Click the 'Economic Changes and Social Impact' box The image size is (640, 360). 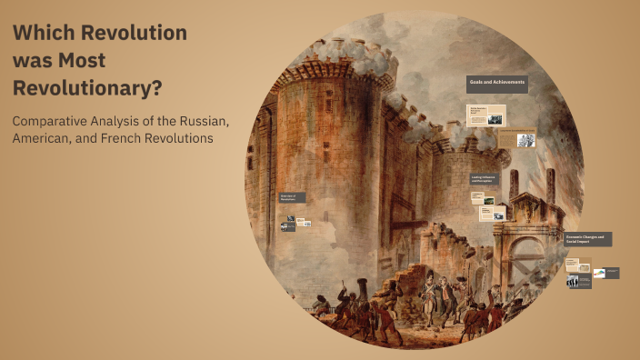click(587, 239)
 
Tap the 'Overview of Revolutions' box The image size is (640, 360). click(292, 197)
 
